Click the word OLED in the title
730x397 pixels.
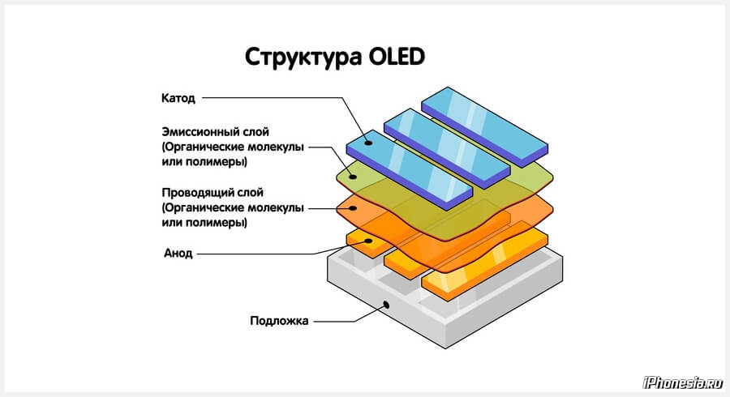[397, 58]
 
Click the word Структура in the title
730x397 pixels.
[303, 58]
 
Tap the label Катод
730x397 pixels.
[178, 99]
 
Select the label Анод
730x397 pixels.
[178, 254]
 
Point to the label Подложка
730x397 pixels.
[279, 321]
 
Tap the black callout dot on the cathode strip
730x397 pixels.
[368, 143]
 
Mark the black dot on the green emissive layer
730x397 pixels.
[354, 177]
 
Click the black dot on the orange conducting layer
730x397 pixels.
[354, 208]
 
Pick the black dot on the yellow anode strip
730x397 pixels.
[368, 241]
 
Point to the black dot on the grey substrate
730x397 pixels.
[386, 305]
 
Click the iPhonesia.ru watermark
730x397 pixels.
[682, 382]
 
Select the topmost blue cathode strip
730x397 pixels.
[485, 127]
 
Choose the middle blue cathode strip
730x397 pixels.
[448, 148]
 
